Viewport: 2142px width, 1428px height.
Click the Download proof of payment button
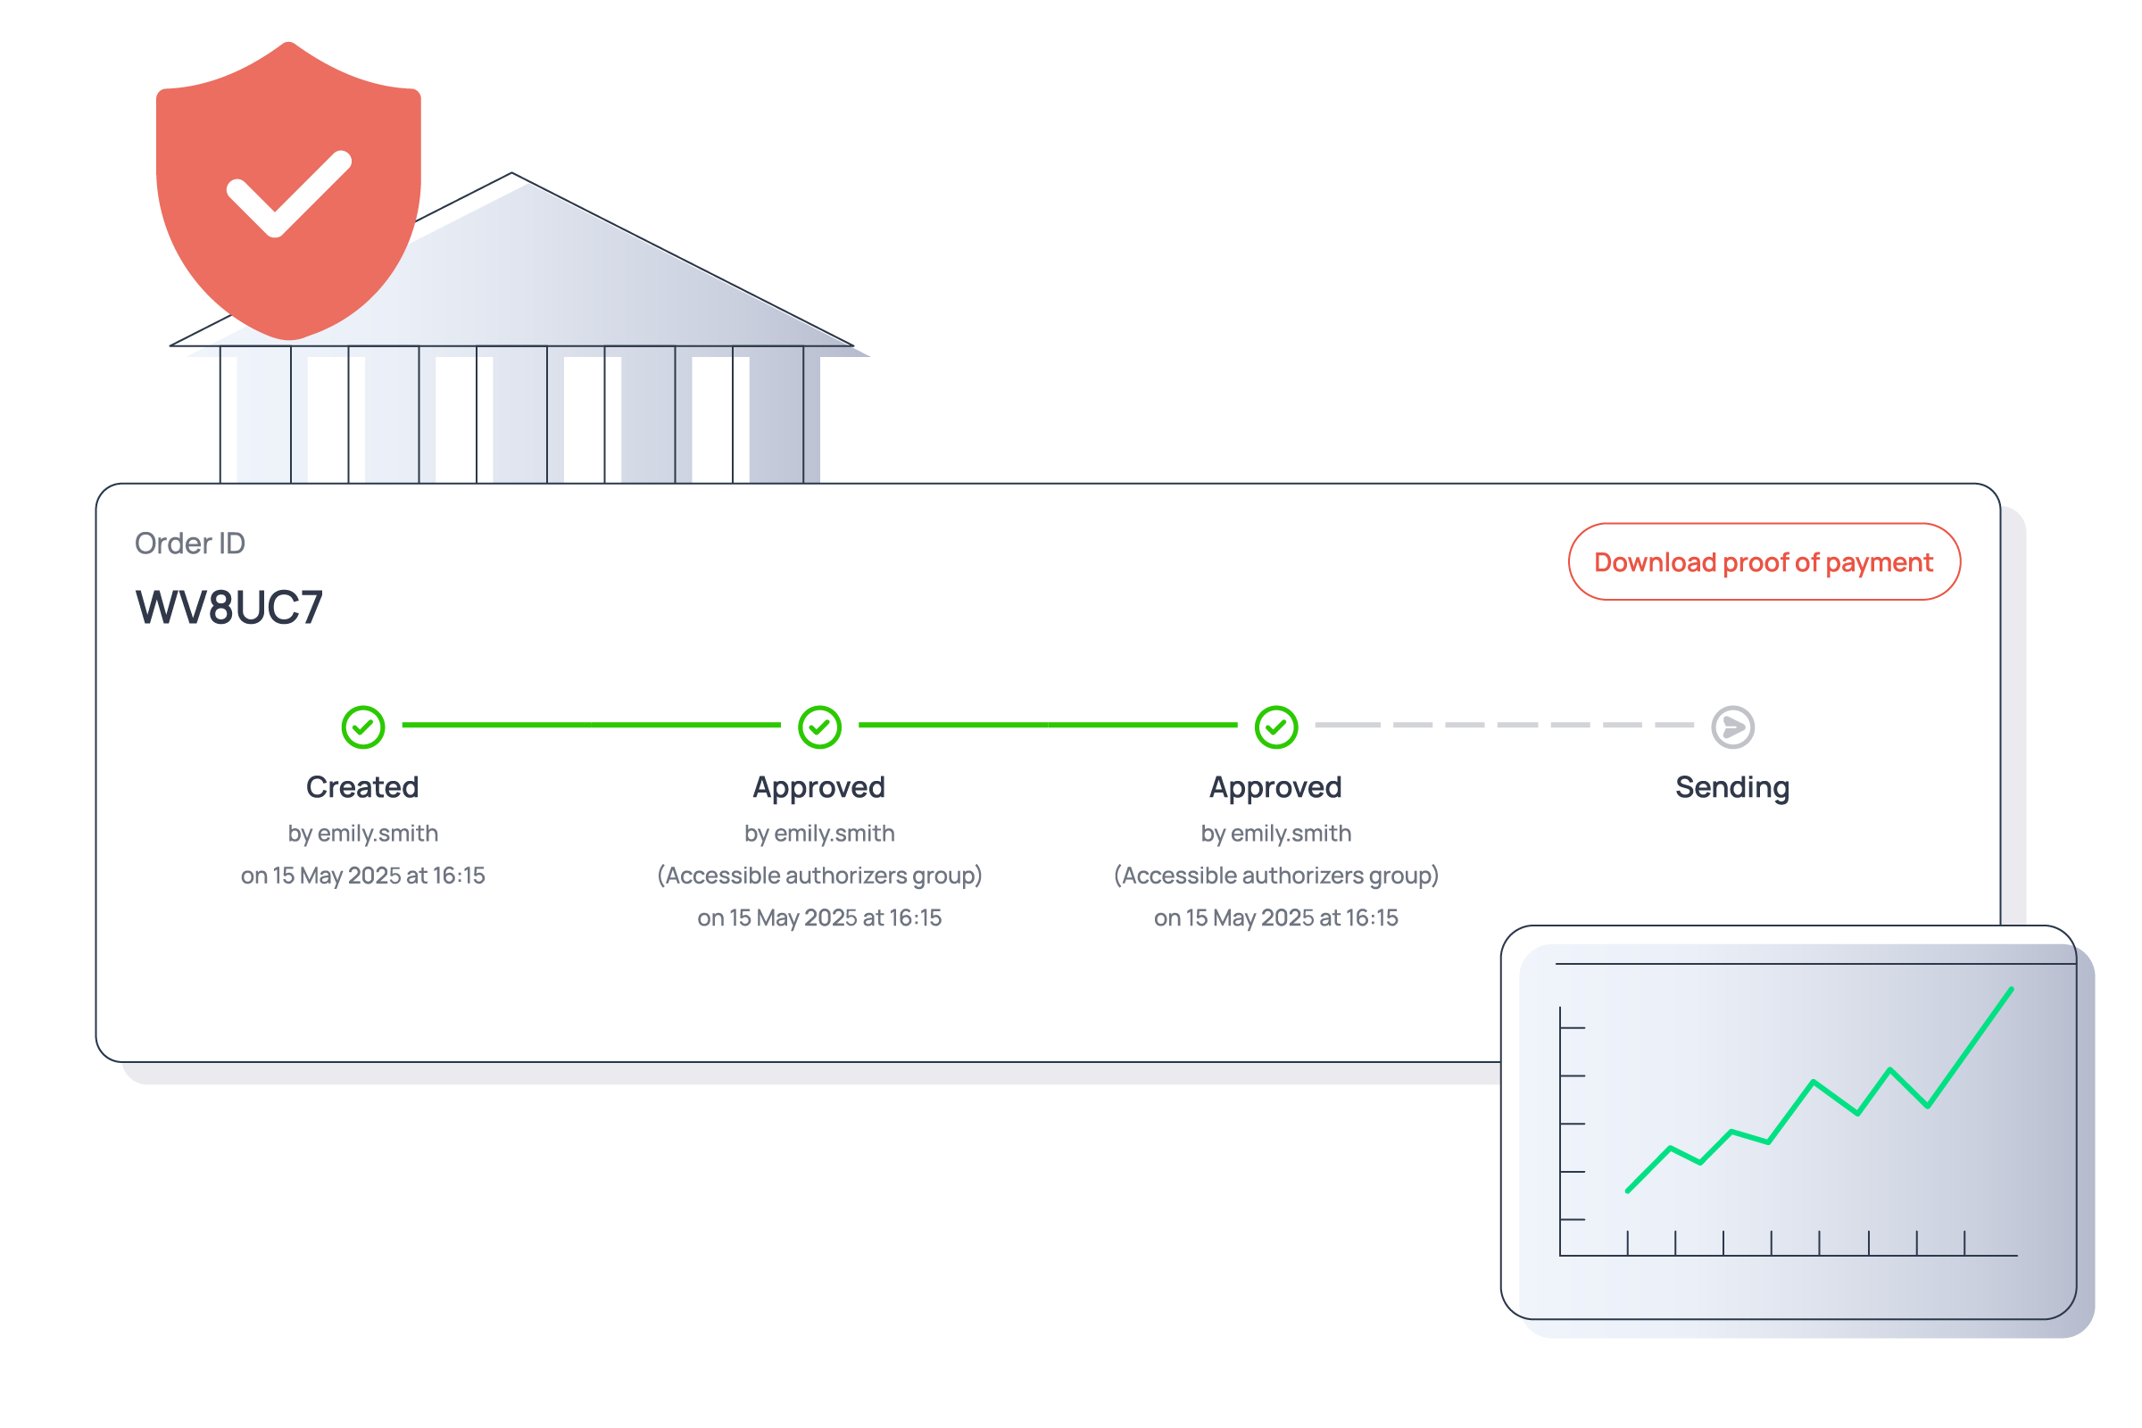coord(1764,562)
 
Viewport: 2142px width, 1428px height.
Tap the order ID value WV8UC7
coord(228,608)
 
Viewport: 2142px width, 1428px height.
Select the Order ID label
coord(189,544)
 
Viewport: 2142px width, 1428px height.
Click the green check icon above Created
coord(362,726)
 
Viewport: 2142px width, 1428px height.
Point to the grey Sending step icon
coord(1732,726)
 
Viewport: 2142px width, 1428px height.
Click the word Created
coord(362,787)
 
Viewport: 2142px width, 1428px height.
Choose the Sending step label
coord(1732,787)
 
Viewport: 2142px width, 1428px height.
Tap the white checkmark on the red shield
coord(286,193)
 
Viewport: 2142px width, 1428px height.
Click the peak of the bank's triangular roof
coord(511,173)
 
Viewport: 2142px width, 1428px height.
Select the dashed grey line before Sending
coord(1504,725)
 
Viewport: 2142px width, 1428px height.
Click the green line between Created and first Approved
coord(591,725)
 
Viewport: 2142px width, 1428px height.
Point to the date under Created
coord(362,876)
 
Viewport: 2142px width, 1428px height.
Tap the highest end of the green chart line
coord(2011,989)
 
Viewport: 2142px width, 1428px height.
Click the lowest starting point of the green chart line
coord(1627,1191)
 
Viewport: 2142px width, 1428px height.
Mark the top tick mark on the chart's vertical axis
coord(1573,1027)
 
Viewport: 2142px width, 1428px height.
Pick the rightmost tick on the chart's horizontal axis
coord(1964,1243)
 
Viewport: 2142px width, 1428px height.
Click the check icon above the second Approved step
coord(1276,726)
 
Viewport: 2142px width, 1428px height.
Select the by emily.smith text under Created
coord(362,834)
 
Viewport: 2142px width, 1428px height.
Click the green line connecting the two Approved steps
coord(1047,725)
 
